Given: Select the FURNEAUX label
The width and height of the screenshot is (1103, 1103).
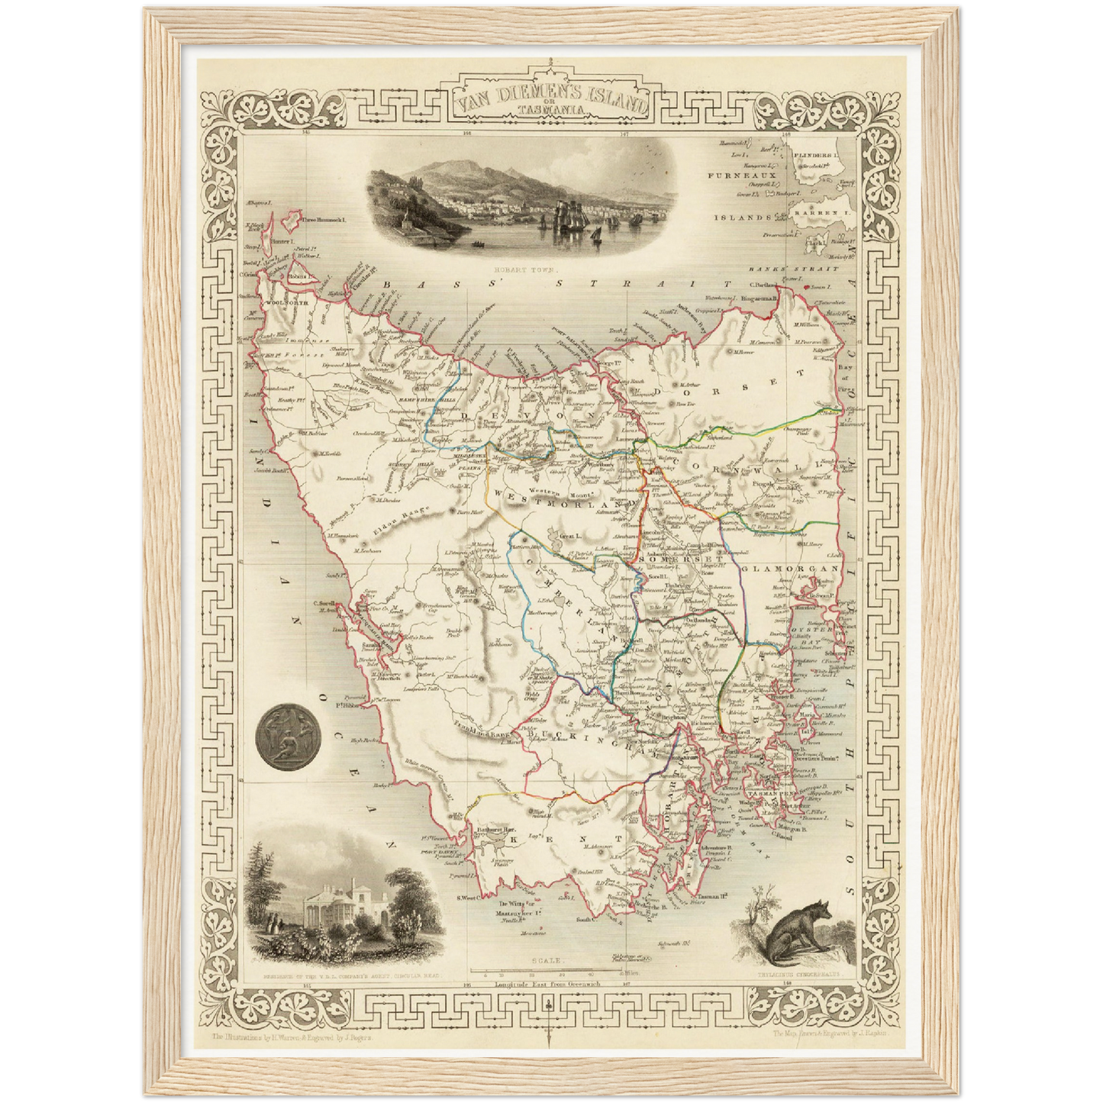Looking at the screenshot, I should click(731, 176).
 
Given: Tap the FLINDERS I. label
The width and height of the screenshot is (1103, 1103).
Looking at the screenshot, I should click(816, 155).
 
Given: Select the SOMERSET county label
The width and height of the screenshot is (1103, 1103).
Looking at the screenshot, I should click(669, 558).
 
